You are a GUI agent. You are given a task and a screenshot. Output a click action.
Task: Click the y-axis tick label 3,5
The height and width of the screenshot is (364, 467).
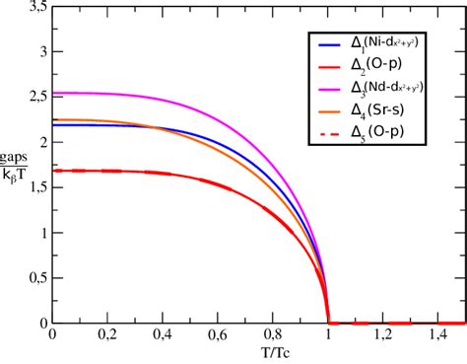[35, 8]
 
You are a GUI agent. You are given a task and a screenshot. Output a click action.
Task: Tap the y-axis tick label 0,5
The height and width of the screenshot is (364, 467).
[35, 277]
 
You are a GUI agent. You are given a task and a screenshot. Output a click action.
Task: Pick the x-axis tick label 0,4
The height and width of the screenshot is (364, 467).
[162, 336]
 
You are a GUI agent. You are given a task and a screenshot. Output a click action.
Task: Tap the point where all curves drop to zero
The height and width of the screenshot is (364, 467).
[327, 322]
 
